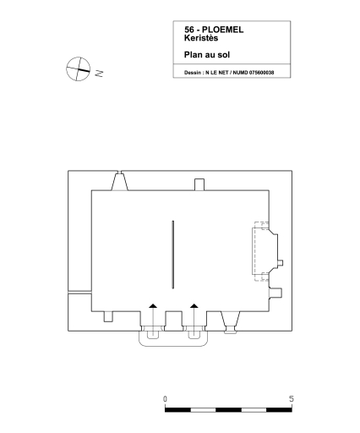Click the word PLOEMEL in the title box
tap(222, 30)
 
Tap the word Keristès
tap(201, 38)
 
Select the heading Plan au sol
tap(207, 55)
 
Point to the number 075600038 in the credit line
tap(261, 73)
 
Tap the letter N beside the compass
tap(99, 74)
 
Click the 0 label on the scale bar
tap(165, 399)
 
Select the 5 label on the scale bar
tap(292, 399)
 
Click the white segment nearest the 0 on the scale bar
tap(203, 410)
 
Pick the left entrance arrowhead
tap(153, 305)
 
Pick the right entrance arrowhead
tap(194, 305)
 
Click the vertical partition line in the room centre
tap(173, 255)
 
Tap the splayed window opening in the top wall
tap(120, 182)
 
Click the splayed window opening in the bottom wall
tap(231, 321)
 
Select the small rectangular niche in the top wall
tap(199, 184)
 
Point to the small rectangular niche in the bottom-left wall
tap(108, 316)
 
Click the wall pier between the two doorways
tap(173, 321)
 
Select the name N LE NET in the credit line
tap(216, 73)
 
